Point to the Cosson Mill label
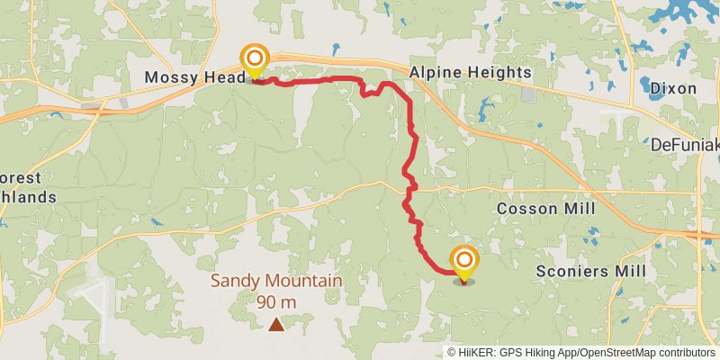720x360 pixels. coord(546,209)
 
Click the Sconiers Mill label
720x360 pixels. coord(587,271)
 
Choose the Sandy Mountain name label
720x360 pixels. coord(276,281)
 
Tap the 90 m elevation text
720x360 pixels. coord(276,301)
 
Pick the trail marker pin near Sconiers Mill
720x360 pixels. coord(464,263)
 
